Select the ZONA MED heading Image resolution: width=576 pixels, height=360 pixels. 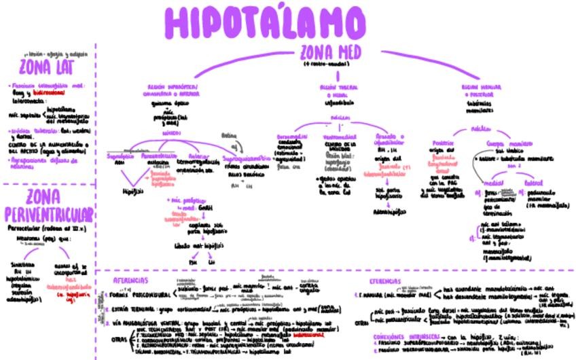click(330, 52)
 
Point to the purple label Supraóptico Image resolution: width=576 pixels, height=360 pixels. click(122, 156)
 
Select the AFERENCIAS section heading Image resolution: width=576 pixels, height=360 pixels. click(130, 281)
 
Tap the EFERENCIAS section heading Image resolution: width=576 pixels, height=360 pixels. click(385, 281)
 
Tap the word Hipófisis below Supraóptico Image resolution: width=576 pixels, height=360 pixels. click(132, 191)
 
